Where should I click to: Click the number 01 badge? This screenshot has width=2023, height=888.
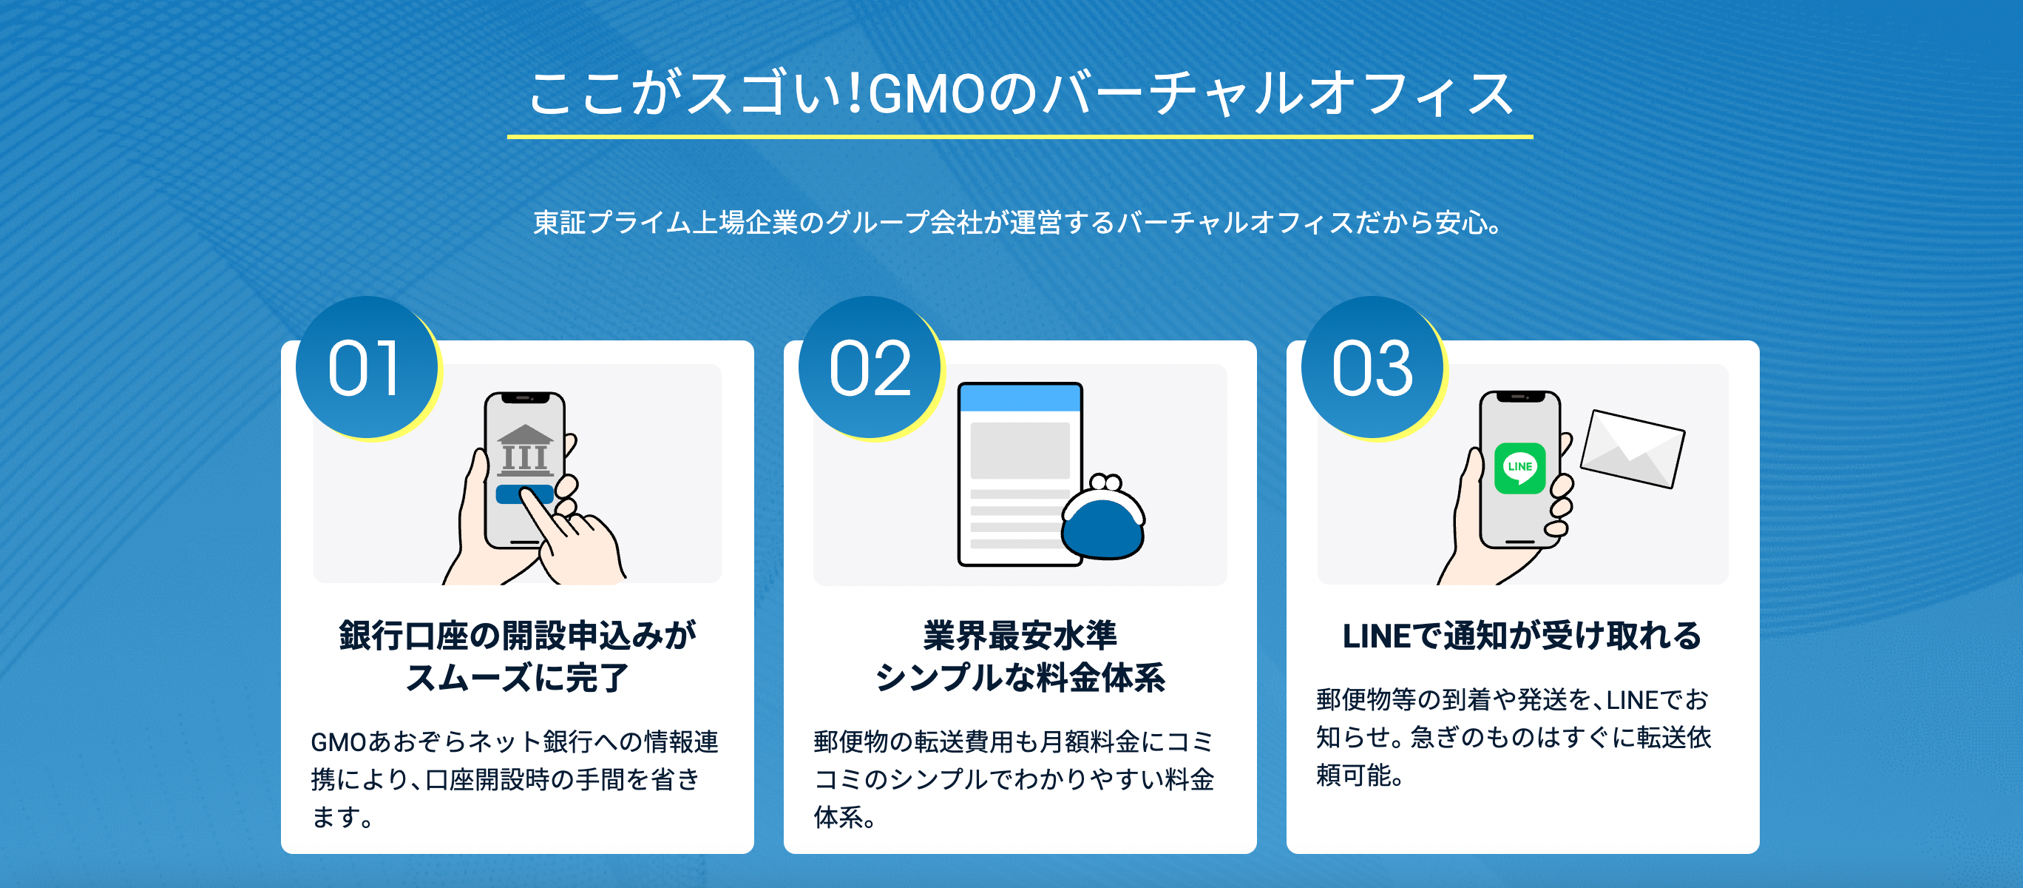(x=366, y=368)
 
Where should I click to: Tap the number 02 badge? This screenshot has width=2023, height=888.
(x=870, y=368)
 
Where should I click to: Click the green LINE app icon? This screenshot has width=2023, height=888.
(x=1519, y=468)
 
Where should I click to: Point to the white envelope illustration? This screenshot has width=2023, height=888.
(x=1632, y=448)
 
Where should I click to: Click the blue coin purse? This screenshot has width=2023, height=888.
(x=1102, y=523)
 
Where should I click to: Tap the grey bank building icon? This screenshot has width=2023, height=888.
(x=524, y=450)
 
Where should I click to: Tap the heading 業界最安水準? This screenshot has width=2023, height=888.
(x=1020, y=635)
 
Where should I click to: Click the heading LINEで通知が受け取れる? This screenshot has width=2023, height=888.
(x=1521, y=635)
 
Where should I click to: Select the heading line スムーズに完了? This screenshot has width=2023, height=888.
(x=517, y=677)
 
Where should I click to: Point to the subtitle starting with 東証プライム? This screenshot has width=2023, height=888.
(x=1017, y=223)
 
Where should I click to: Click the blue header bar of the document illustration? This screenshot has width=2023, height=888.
(x=1020, y=397)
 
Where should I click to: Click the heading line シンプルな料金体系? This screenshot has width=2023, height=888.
(x=1020, y=677)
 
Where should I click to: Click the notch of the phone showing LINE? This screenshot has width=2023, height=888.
(x=1519, y=397)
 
